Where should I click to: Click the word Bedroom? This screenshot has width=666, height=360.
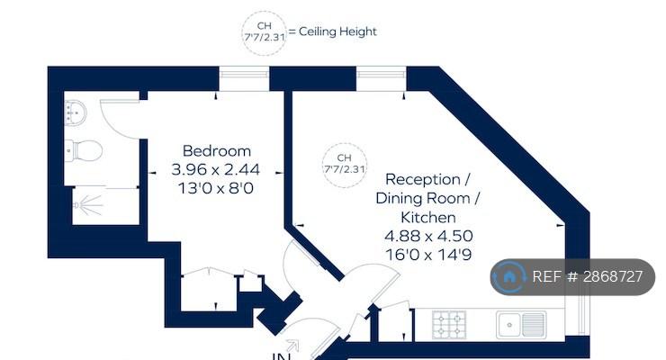click(x=217, y=150)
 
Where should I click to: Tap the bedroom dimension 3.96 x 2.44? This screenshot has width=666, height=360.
click(x=215, y=169)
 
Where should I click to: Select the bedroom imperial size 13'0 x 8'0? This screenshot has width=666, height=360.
click(x=216, y=188)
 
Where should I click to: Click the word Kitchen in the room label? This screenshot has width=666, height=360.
click(x=428, y=218)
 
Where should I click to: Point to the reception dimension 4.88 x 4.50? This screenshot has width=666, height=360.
click(x=428, y=236)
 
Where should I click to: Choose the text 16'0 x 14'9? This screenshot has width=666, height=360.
click(x=428, y=255)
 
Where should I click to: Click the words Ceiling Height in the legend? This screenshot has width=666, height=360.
click(x=337, y=31)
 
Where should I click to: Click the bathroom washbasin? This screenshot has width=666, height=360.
click(x=76, y=112)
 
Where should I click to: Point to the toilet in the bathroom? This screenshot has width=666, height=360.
click(x=84, y=150)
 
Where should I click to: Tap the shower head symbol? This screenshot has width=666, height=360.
click(x=88, y=205)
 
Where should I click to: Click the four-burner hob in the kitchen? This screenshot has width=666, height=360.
click(x=449, y=325)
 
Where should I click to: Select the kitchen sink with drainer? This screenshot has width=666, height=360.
click(x=521, y=325)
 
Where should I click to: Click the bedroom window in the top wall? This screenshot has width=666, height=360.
click(x=244, y=78)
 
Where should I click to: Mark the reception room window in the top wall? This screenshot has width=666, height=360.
click(x=381, y=78)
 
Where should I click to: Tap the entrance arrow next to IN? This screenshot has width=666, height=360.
click(x=292, y=346)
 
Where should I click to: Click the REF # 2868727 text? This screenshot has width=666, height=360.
click(x=588, y=277)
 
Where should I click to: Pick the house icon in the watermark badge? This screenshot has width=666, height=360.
click(x=508, y=277)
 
